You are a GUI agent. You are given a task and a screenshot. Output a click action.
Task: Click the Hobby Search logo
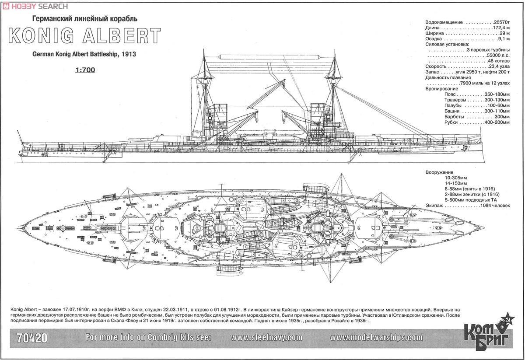click(35, 6)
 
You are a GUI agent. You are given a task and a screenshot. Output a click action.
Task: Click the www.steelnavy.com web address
click(266, 338)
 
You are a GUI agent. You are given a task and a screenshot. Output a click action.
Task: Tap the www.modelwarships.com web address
click(376, 338)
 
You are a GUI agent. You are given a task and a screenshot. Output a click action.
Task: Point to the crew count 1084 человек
click(495, 206)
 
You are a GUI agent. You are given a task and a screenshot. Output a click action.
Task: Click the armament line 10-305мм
click(455, 178)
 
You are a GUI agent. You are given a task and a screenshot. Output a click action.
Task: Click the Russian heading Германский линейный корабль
click(85, 19)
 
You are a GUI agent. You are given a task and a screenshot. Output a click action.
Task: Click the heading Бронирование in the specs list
click(442, 89)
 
